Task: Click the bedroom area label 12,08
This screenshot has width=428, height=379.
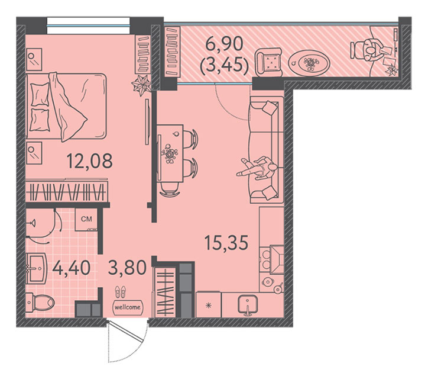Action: click(89, 161)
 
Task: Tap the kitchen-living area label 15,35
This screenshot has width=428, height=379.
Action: click(226, 242)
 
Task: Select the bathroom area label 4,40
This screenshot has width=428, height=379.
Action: click(72, 268)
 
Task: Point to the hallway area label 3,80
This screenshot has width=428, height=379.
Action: click(128, 267)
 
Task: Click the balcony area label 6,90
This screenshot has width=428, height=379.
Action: click(224, 44)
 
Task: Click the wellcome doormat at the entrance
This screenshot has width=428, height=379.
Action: click(128, 307)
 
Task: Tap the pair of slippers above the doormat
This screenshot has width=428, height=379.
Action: click(121, 291)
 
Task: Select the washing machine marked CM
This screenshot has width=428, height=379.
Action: click(86, 219)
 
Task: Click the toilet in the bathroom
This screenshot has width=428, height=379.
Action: click(40, 303)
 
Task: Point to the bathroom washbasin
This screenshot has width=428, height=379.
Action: click(36, 268)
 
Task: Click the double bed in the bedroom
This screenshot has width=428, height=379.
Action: click(66, 107)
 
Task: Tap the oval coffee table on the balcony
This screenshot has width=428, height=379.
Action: click(309, 62)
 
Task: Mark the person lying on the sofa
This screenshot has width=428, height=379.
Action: click(258, 168)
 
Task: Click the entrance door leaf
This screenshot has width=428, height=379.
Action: click(126, 332)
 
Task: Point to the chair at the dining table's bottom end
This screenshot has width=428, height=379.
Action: click(170, 189)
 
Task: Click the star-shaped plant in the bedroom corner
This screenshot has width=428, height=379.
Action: click(141, 85)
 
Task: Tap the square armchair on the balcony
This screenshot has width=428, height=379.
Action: click(268, 62)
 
